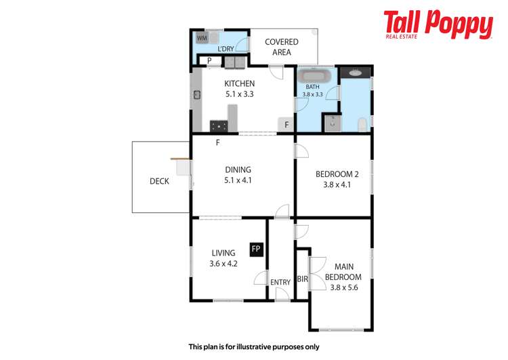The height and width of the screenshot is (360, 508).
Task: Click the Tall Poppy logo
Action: (x=438, y=25)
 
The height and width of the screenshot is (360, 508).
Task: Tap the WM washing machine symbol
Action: (x=203, y=39)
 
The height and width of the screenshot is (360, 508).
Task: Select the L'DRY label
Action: (x=226, y=49)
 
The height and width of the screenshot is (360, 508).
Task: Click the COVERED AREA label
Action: (x=281, y=47)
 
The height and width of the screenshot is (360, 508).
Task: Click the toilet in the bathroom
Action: (x=363, y=123)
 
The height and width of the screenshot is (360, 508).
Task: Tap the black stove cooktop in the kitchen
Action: (x=219, y=125)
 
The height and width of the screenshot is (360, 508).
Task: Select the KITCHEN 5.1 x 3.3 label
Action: (x=239, y=89)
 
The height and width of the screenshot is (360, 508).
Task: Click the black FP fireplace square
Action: (x=256, y=249)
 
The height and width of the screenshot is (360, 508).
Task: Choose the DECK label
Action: (x=159, y=181)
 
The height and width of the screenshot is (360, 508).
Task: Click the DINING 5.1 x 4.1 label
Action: (x=238, y=175)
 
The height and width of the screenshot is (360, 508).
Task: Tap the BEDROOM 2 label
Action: (x=337, y=179)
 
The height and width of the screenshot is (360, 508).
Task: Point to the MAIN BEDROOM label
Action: (x=343, y=272)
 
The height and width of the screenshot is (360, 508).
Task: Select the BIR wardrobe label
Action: (x=303, y=279)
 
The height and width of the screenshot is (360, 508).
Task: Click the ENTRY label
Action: (x=280, y=283)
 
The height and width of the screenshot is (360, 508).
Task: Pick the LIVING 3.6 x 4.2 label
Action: (x=224, y=258)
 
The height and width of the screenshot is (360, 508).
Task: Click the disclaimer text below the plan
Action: (x=253, y=346)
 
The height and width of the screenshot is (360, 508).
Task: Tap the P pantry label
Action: (x=210, y=60)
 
